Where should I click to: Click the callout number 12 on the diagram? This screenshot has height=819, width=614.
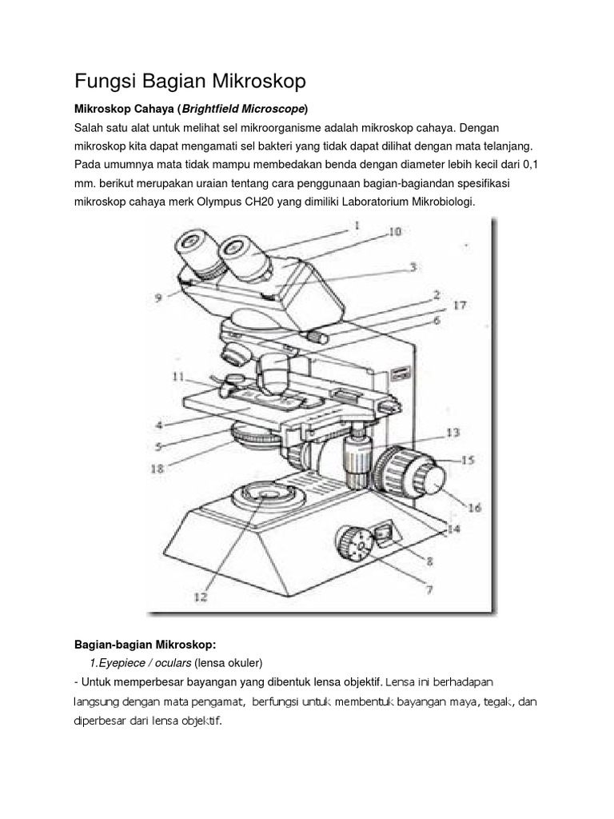pyautogui.click(x=199, y=596)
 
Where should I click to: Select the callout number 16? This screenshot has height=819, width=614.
pyautogui.click(x=474, y=507)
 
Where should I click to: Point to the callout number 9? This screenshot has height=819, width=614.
pyautogui.click(x=159, y=298)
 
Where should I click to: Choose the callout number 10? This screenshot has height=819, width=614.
pyautogui.click(x=395, y=233)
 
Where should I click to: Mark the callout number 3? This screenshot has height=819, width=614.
pyautogui.click(x=413, y=269)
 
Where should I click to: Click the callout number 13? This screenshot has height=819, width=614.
pyautogui.click(x=453, y=433)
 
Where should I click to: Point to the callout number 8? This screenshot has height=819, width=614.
pyautogui.click(x=429, y=561)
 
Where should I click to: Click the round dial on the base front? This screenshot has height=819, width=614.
pyautogui.click(x=356, y=546)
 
